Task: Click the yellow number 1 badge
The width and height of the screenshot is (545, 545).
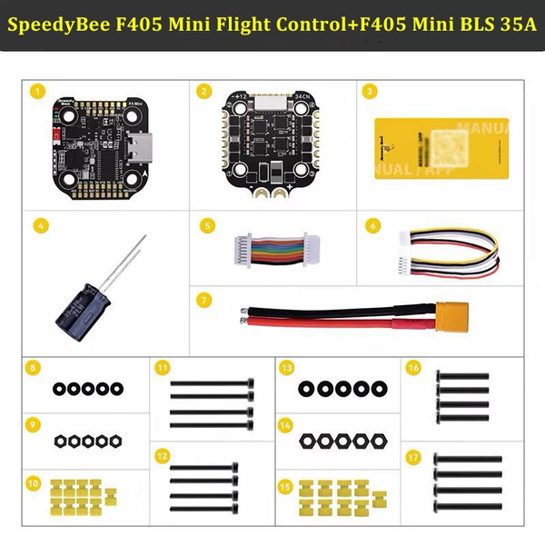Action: click(37, 91)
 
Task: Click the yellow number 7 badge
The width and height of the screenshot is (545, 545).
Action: click(204, 299)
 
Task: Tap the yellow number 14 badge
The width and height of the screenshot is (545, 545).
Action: click(286, 424)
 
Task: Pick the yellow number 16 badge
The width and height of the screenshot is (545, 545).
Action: click(413, 368)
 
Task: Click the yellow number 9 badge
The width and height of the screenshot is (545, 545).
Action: click(33, 424)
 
